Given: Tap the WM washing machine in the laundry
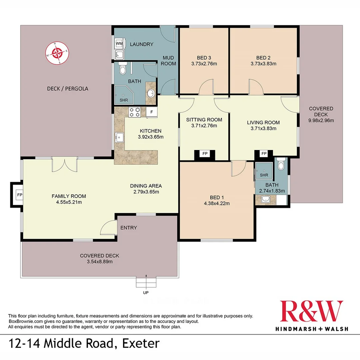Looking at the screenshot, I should coord(119,43).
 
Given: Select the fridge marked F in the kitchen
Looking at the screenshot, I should coord(152,112).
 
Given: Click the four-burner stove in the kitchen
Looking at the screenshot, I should coord(135,112).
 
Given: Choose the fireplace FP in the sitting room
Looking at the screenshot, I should coord(205,154).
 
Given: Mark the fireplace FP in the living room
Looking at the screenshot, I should coord(264,154).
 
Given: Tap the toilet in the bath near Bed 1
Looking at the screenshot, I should coord(280,164).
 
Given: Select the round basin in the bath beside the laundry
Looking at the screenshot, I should coord(151,93).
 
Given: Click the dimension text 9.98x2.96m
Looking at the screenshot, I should coord(321,120).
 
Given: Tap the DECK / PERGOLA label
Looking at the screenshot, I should coord(63,89).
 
